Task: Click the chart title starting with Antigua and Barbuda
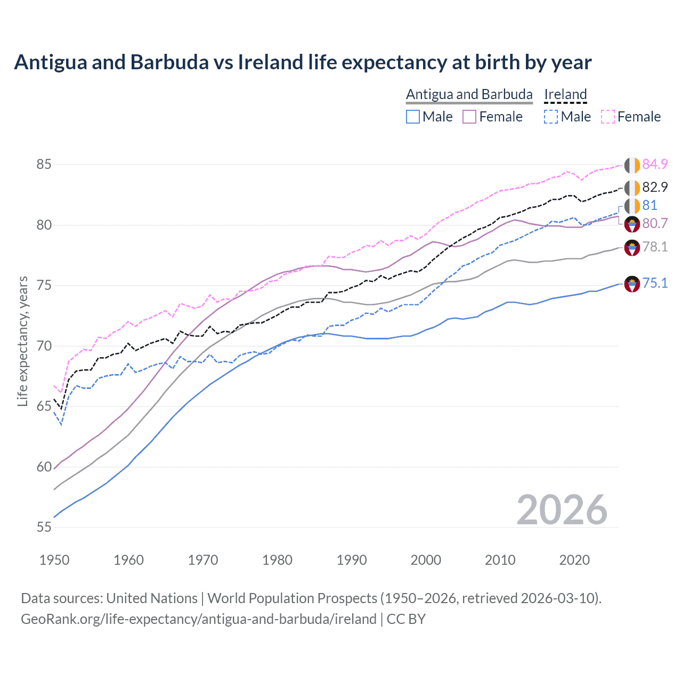coord(303,62)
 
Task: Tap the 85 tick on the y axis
coord(44,165)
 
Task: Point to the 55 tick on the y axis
coord(44,527)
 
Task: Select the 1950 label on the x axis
coord(54,560)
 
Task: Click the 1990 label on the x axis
coord(352,560)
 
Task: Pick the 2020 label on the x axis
coord(574,560)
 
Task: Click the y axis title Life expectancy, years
coord(22,341)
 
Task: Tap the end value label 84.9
coord(655,165)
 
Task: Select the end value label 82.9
coord(655,188)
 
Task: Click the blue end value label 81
coord(649,206)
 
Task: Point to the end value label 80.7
coord(655,224)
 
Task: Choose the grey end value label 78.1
coord(655,247)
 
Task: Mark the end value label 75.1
coord(655,283)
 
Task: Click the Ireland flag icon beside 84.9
coord(632,165)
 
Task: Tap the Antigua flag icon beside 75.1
coord(632,284)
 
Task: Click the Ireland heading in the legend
coord(565,95)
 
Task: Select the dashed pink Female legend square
coord(608,117)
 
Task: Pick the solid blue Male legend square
coord(413,117)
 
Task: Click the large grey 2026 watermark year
coord(562,510)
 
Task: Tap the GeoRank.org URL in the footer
coord(198,619)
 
